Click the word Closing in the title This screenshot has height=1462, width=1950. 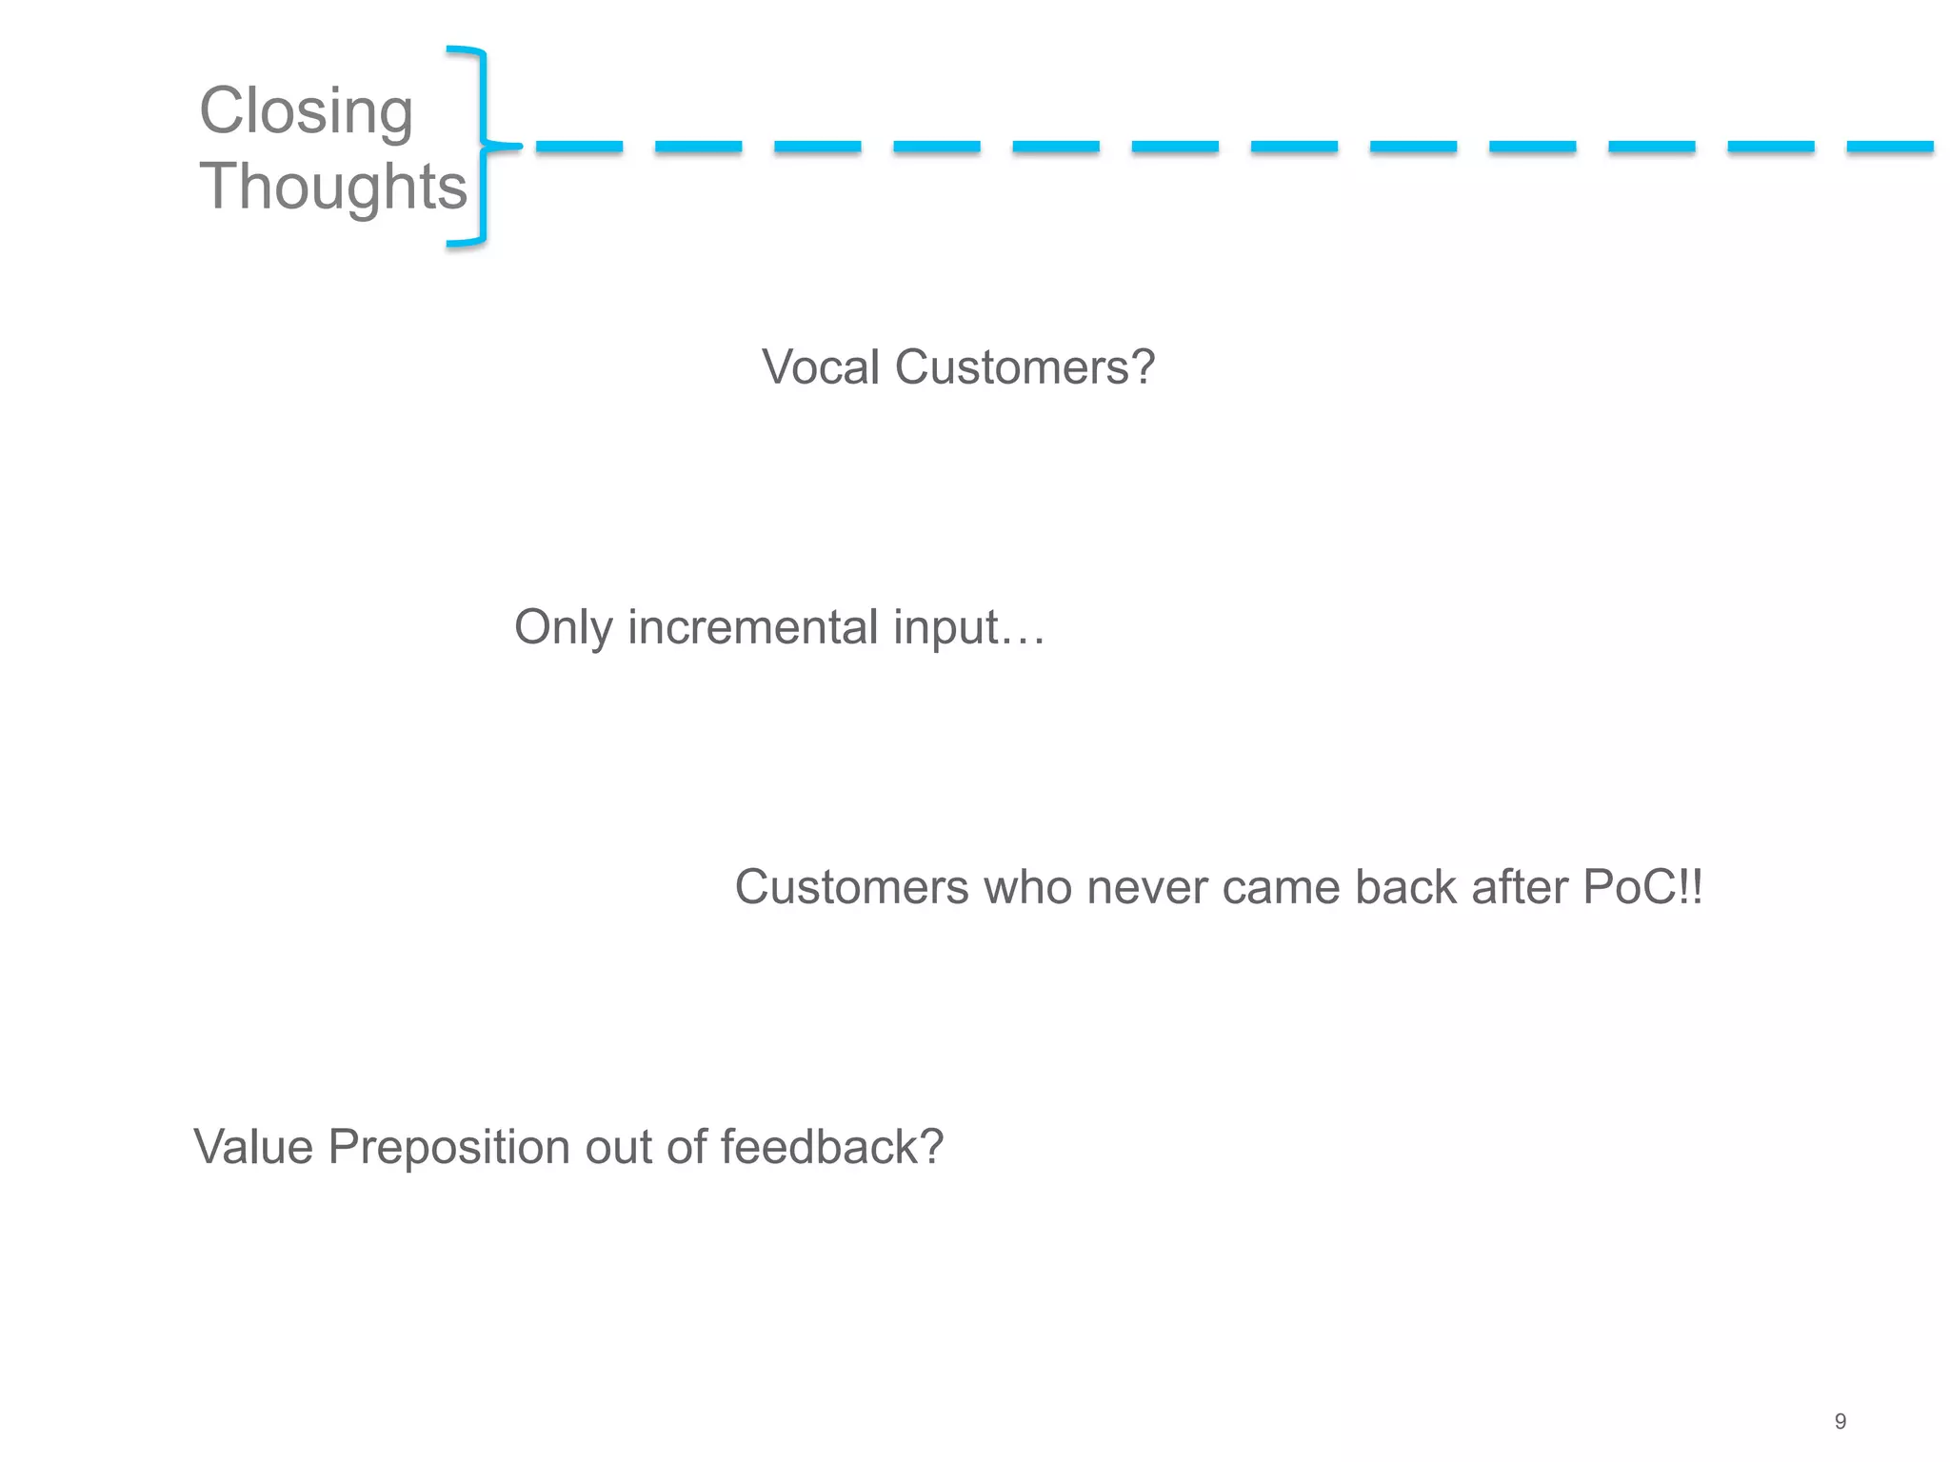pyautogui.click(x=306, y=112)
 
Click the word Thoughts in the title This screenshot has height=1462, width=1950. pyautogui.click(x=333, y=187)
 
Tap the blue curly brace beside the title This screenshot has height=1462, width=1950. pyautogui.click(x=483, y=146)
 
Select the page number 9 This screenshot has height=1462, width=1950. pyautogui.click(x=1840, y=1421)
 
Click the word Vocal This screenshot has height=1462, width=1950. pyautogui.click(x=821, y=367)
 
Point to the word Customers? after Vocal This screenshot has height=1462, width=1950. pyautogui.click(x=1025, y=367)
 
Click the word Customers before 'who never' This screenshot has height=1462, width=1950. pyautogui.click(x=851, y=887)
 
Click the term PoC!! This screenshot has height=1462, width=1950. pyautogui.click(x=1642, y=887)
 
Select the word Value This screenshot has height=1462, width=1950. pyautogui.click(x=252, y=1147)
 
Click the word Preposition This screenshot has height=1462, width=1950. pyautogui.click(x=448, y=1147)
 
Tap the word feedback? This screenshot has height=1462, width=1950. pyautogui.click(x=831, y=1147)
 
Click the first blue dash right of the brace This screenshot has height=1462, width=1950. pyautogui.click(x=579, y=147)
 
